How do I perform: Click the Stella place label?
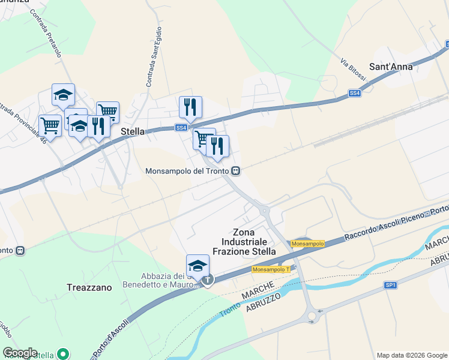132,131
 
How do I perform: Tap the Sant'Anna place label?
391,67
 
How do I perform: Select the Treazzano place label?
89,287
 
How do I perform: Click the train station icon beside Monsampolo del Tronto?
236,171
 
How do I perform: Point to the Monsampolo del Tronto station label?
188,171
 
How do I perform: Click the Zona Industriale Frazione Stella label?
244,242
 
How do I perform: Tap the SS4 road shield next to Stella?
181,128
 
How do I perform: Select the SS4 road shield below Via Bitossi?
355,94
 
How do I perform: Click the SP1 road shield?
391,286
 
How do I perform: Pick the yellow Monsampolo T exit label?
271,270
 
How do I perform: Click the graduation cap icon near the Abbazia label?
197,265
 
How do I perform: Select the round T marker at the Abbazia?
208,280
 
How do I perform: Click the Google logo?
20,353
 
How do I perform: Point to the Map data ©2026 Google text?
411,355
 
